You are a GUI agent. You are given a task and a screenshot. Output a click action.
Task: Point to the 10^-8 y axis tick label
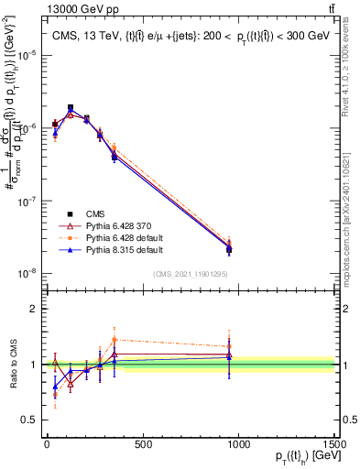tap(25, 273)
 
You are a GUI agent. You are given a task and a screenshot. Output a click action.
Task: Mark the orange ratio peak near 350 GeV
tap(115, 340)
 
